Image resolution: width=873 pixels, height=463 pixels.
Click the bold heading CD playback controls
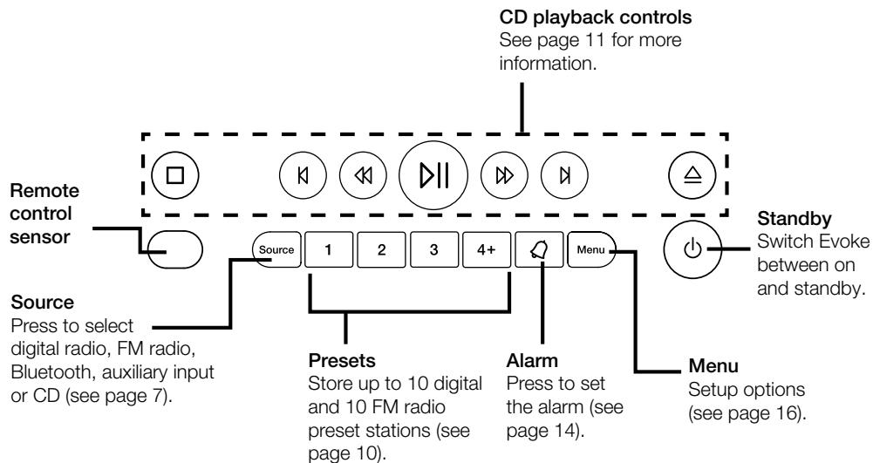point(576,17)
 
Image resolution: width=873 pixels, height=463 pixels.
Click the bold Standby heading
point(788,214)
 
